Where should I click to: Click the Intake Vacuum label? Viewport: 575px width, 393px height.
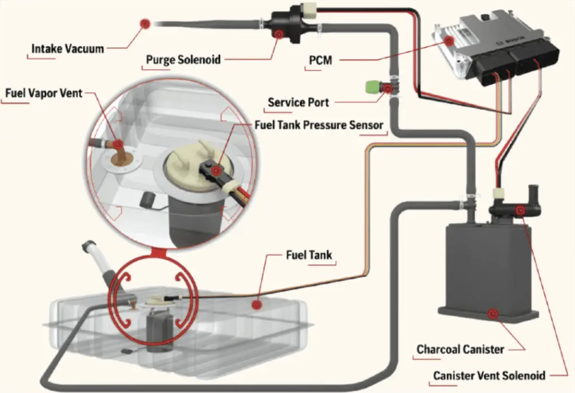tap(68, 48)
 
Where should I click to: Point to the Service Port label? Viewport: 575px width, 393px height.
tap(298, 103)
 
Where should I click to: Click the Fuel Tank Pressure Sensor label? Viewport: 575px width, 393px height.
tap(318, 125)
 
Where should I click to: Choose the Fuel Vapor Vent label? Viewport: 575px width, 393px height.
tap(43, 92)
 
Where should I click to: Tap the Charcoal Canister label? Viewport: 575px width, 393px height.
tap(460, 349)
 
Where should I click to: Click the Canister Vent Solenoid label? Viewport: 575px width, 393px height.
tap(489, 375)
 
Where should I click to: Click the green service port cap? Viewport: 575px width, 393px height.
tap(373, 87)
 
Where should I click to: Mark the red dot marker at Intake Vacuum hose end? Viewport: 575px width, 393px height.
tap(145, 23)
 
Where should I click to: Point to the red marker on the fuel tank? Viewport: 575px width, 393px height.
tap(256, 305)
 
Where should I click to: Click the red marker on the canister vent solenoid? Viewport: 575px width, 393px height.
tap(519, 211)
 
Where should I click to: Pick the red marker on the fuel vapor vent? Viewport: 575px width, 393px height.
tap(118, 145)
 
